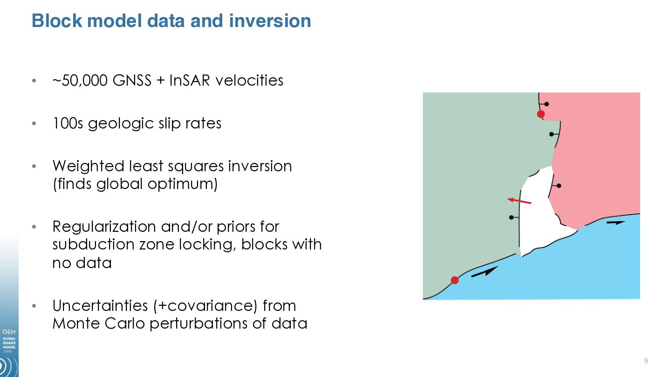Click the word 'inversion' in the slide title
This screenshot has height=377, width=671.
pyautogui.click(x=270, y=20)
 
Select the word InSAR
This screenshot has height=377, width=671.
pyautogui.click(x=190, y=81)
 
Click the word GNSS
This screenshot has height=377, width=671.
pyautogui.click(x=132, y=81)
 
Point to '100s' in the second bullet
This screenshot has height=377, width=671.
pyautogui.click(x=68, y=123)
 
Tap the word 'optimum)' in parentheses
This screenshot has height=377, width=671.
pyautogui.click(x=183, y=184)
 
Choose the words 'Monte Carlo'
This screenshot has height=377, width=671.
pyautogui.click(x=99, y=323)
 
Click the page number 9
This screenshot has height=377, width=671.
pyautogui.click(x=646, y=361)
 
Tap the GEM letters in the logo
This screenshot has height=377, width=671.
pyautogui.click(x=9, y=332)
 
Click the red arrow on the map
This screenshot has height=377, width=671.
pyautogui.click(x=519, y=201)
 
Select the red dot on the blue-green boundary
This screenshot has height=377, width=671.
pyautogui.click(x=455, y=280)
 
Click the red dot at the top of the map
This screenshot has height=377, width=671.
pyautogui.click(x=541, y=114)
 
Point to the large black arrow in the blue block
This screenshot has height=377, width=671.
pyautogui.click(x=485, y=271)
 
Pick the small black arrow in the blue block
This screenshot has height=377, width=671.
pyautogui.click(x=616, y=222)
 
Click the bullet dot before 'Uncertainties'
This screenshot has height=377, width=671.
pyautogui.click(x=34, y=306)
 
